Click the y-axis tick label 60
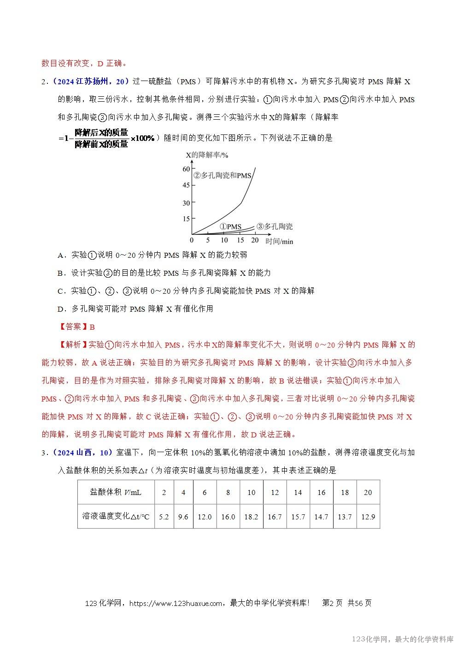pos(186,169)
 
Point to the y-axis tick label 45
pos(186,186)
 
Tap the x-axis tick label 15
pos(240,240)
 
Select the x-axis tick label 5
pos(208,240)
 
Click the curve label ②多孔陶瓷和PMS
pos(223,175)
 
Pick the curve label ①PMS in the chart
pos(230,227)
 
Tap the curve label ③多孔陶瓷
pos(275,227)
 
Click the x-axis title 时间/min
pos(279,241)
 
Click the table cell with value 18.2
pos(251,517)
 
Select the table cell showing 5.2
pos(164,517)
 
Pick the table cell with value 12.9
pos(368,517)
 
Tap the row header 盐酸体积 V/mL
pos(116,492)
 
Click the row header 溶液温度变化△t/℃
pos(116,517)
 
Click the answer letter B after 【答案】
pos(92,327)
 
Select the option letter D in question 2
pos(60,309)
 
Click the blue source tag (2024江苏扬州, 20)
pos(90,81)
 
